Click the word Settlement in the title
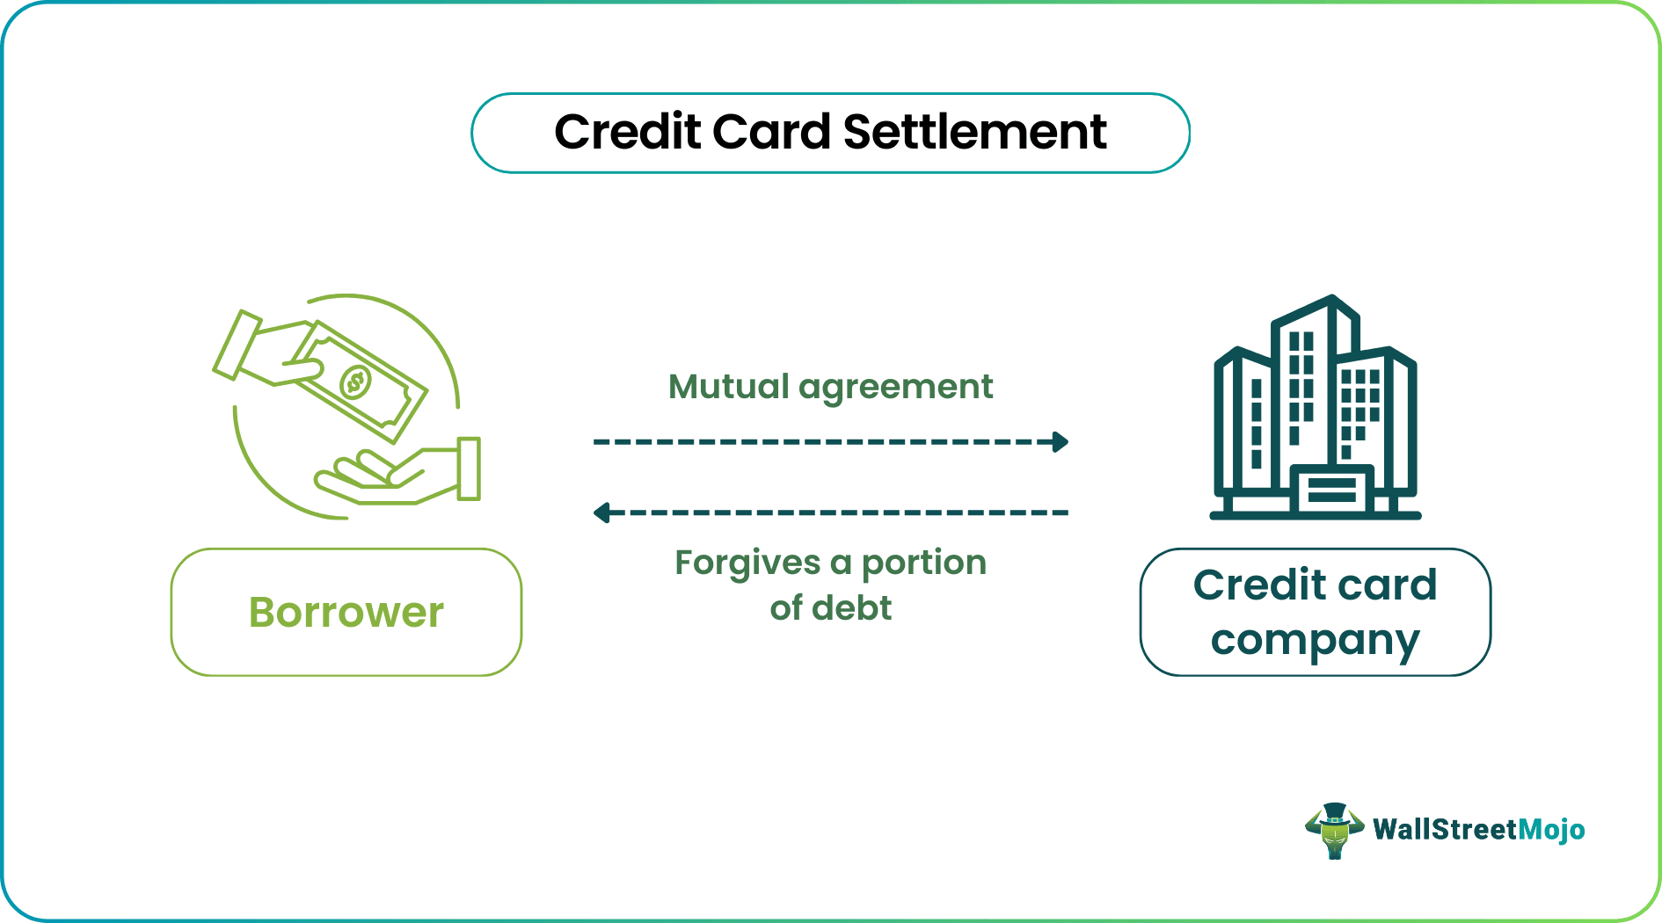tap(974, 133)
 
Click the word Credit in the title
tap(629, 133)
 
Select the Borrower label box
tap(346, 613)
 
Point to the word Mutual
tap(728, 387)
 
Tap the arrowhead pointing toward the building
tap(1061, 441)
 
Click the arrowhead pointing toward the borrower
tap(601, 512)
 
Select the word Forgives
tap(747, 563)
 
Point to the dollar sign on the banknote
tap(355, 382)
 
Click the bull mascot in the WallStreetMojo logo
tap(1334, 830)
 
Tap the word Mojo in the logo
tap(1551, 830)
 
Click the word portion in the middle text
tap(923, 563)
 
